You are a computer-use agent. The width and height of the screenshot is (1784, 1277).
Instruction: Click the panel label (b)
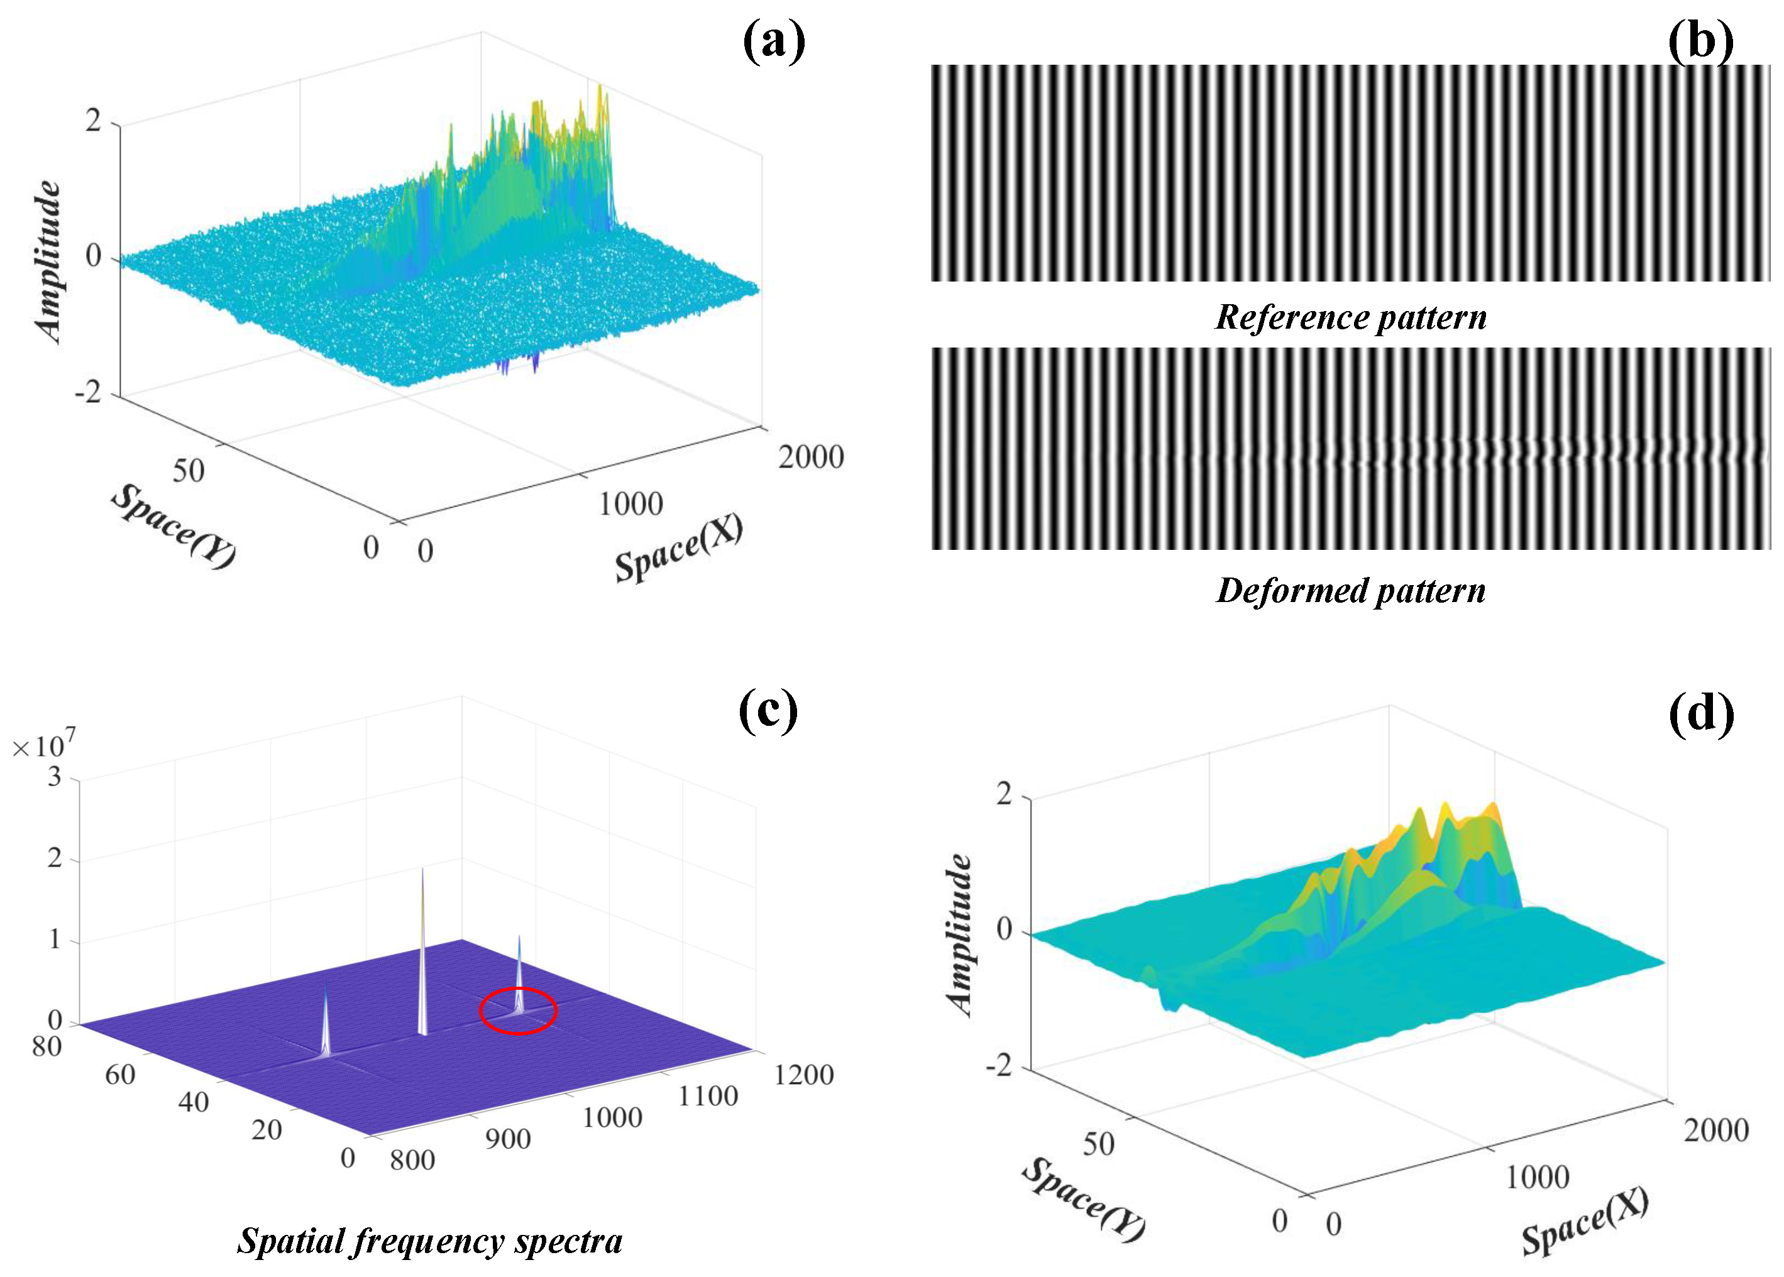coord(1700,41)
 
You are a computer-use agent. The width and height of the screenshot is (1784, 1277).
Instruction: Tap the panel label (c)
coord(769,711)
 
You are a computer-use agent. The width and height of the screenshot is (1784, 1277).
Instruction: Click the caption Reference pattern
coord(1351,317)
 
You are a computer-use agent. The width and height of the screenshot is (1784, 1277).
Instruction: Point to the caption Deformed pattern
coord(1351,591)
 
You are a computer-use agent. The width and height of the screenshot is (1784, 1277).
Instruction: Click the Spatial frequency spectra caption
coord(429,1241)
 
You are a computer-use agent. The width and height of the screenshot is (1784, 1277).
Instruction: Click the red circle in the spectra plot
coord(519,1011)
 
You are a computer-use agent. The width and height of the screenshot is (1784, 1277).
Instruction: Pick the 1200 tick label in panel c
coord(803,1075)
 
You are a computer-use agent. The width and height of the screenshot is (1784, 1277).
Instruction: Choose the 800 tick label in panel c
coord(412,1160)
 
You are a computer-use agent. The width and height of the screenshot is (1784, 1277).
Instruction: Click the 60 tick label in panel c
coord(120,1075)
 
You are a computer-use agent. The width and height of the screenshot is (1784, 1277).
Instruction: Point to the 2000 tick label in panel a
coord(811,457)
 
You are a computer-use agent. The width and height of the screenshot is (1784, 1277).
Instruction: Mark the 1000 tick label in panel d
coord(1537,1177)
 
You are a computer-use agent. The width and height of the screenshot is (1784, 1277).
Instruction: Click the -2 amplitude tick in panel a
coord(88,392)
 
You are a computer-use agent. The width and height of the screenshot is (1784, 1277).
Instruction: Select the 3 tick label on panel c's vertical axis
coord(54,777)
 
